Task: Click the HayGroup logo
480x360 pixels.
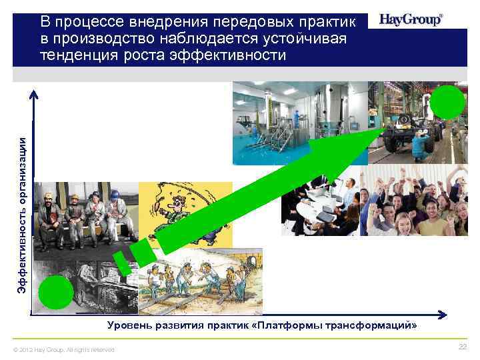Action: [x=411, y=19]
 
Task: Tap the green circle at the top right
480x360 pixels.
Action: [x=447, y=103]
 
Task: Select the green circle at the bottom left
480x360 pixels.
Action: [x=55, y=293]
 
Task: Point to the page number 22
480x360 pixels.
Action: [x=463, y=348]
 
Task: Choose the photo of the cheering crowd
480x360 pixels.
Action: [x=413, y=200]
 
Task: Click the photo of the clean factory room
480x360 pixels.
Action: [x=300, y=123]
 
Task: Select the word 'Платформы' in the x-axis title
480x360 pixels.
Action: [x=297, y=325]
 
